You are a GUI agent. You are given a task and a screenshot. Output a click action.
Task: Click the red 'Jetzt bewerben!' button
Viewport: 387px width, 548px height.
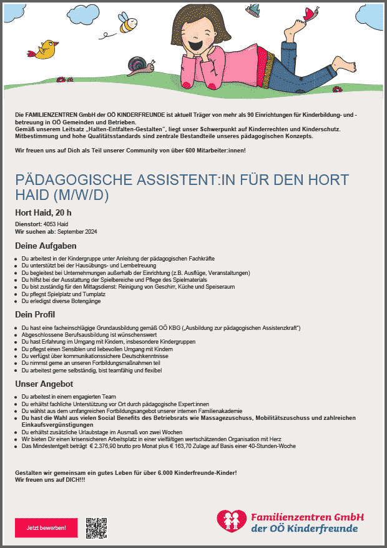(x=46, y=528)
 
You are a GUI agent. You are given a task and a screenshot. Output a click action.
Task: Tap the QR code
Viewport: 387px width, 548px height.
(x=97, y=528)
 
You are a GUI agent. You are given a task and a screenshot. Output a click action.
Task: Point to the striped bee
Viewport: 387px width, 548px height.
(x=128, y=24)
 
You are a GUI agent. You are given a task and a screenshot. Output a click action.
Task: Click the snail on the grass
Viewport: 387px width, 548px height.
(x=139, y=64)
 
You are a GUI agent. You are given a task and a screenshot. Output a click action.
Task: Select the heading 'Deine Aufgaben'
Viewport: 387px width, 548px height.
(x=46, y=246)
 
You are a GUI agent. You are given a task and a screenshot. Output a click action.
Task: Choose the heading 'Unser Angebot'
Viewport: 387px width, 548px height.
(x=44, y=384)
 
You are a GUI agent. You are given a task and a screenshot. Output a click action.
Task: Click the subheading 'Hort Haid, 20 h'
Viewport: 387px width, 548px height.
(x=43, y=212)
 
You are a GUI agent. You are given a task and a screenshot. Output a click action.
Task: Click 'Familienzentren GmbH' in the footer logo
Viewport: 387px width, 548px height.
(x=306, y=517)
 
